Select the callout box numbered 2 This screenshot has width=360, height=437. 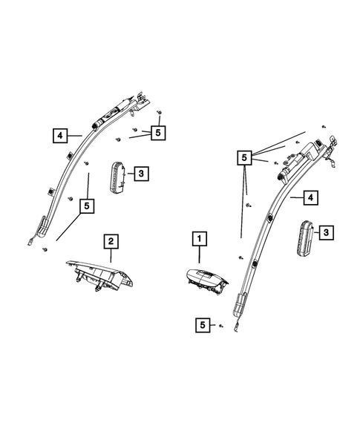point(110,240)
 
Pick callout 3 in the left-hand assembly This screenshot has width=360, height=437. point(141,174)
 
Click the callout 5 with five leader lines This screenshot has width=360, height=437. point(243,157)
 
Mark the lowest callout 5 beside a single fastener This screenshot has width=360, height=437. point(202,324)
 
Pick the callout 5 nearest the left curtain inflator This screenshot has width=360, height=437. point(157,132)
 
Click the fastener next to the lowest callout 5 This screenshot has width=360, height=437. point(220,325)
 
